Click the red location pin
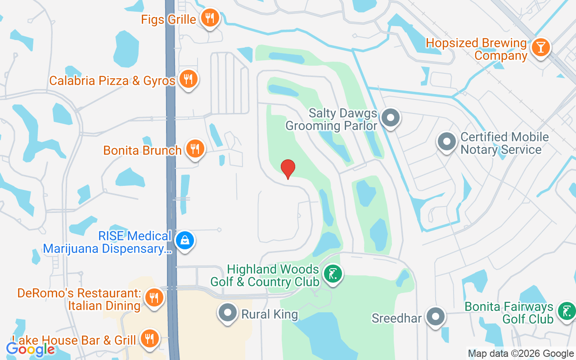coord(288,169)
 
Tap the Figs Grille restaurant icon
coord(210,18)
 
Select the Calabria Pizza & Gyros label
coord(112,81)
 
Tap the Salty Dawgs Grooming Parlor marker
coord(390,118)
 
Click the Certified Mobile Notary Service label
coord(504,143)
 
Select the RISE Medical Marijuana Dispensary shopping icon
coord(184,240)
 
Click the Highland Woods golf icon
coord(333,274)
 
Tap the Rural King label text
coord(270,314)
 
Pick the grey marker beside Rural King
coord(228,312)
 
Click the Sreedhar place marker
coord(435,317)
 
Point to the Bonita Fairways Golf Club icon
coord(566,311)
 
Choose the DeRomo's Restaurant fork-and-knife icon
coord(154,297)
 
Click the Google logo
coord(30,349)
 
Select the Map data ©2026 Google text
coord(521,354)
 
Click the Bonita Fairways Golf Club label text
coord(509,313)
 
